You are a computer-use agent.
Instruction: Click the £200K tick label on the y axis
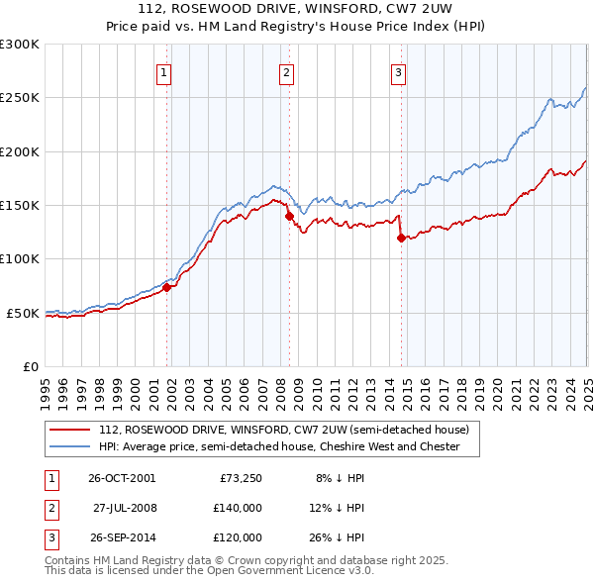20,151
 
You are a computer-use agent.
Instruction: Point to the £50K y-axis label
23,313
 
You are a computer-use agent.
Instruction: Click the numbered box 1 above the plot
163,71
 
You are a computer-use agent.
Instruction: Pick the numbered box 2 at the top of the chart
285,71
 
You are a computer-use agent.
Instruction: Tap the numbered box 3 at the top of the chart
398,71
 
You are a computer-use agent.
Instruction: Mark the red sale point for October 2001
167,288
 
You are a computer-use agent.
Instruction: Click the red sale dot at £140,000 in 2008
289,216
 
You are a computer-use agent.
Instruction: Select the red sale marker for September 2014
401,238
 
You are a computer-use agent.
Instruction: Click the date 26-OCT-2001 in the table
122,478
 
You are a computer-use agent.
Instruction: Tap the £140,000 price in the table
237,508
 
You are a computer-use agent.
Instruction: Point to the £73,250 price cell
240,478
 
